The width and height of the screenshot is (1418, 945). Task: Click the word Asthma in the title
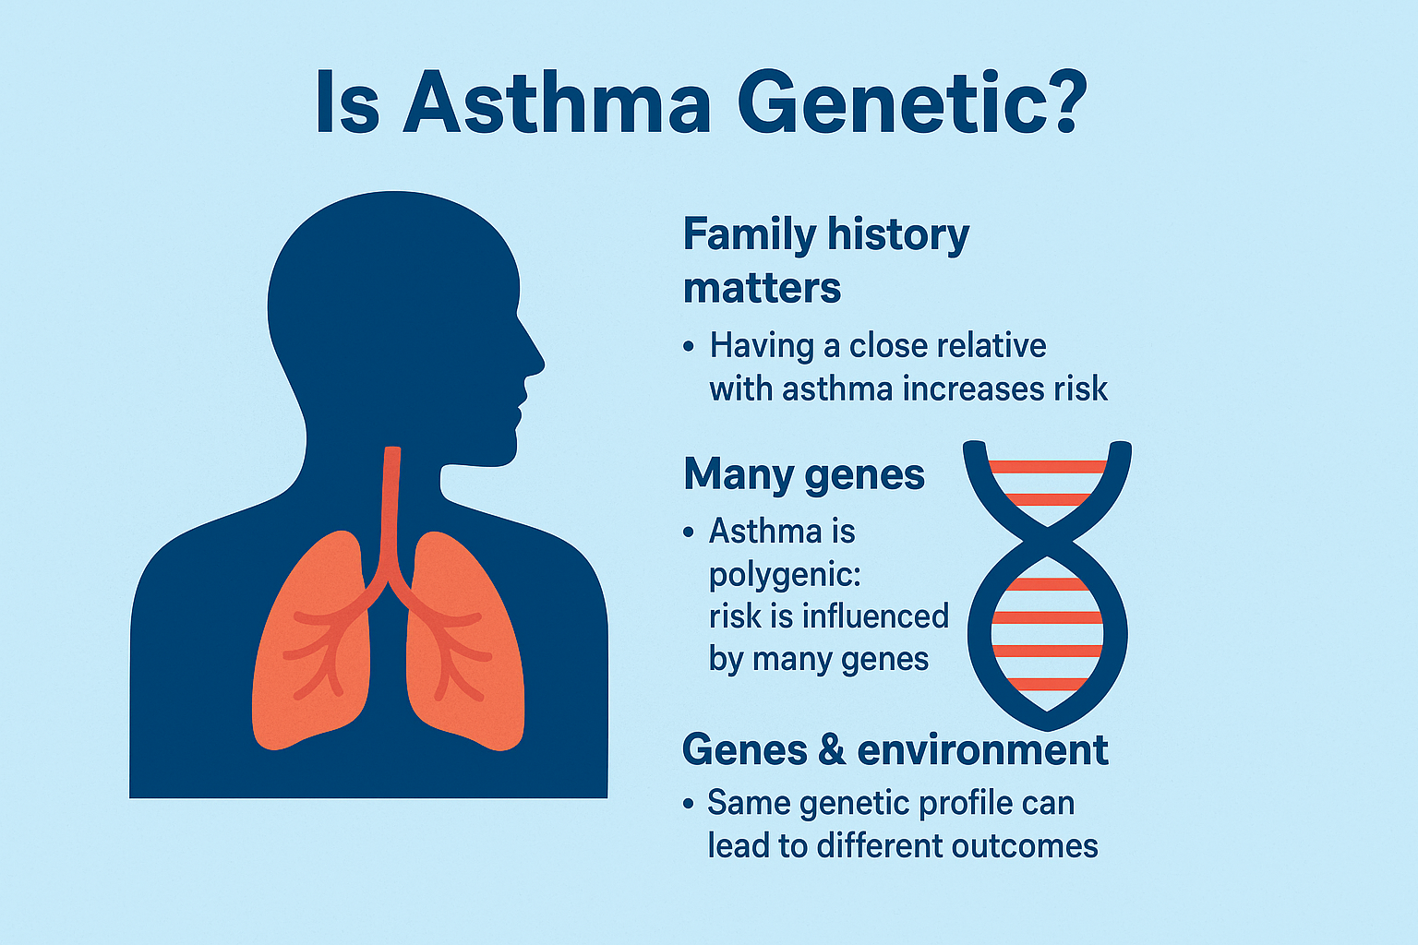pyautogui.click(x=557, y=102)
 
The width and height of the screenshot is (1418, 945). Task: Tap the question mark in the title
pyautogui.click(x=1065, y=102)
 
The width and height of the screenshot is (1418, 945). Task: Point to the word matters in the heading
pyautogui.click(x=763, y=289)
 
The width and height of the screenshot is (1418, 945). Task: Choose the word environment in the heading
pyautogui.click(x=982, y=750)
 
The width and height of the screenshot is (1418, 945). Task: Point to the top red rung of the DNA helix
pyautogui.click(x=1048, y=467)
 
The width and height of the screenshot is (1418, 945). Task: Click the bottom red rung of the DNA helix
pyautogui.click(x=1048, y=684)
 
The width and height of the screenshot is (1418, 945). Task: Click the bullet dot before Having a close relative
pyautogui.click(x=689, y=347)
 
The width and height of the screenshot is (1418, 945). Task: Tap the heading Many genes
pyautogui.click(x=804, y=474)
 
